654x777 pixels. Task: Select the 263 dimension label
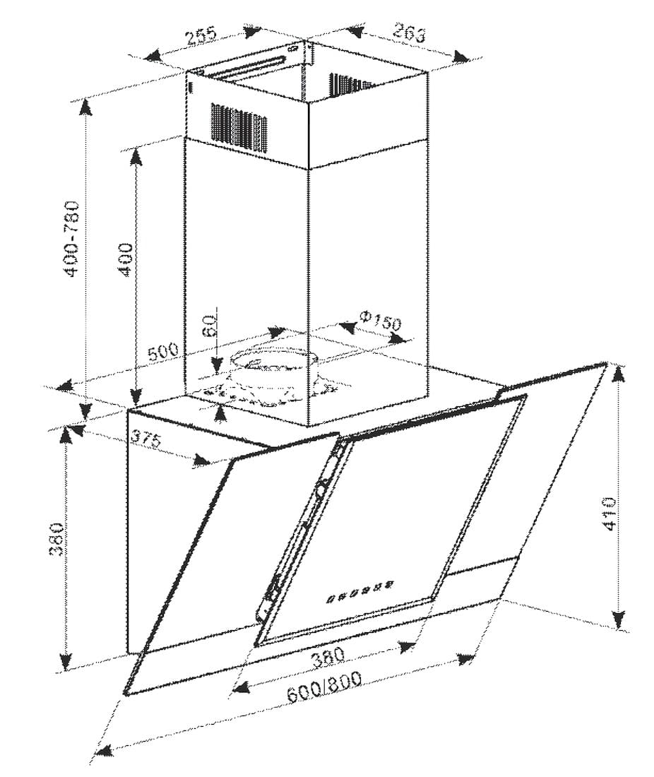(x=409, y=33)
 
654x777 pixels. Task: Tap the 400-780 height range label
(x=72, y=238)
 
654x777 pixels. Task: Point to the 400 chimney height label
(x=126, y=259)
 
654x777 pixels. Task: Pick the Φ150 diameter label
(x=380, y=321)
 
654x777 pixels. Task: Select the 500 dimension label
(x=163, y=351)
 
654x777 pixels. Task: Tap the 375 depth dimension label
(x=146, y=439)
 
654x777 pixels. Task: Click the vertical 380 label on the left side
(x=57, y=539)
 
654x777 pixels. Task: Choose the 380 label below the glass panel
(x=328, y=657)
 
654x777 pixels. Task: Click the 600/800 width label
(x=324, y=687)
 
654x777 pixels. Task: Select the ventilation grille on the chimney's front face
(x=239, y=126)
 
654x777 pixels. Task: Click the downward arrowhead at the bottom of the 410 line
(x=618, y=620)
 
